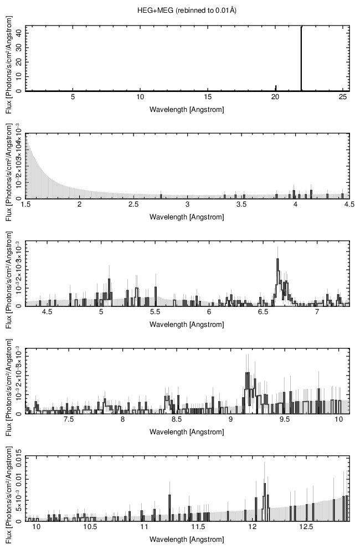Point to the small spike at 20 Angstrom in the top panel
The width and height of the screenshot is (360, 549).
tap(276, 88)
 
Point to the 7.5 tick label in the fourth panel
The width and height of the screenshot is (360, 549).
tap(69, 420)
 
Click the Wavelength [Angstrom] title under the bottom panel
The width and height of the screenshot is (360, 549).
tap(187, 539)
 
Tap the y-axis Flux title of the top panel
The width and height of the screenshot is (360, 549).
tap(8, 58)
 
